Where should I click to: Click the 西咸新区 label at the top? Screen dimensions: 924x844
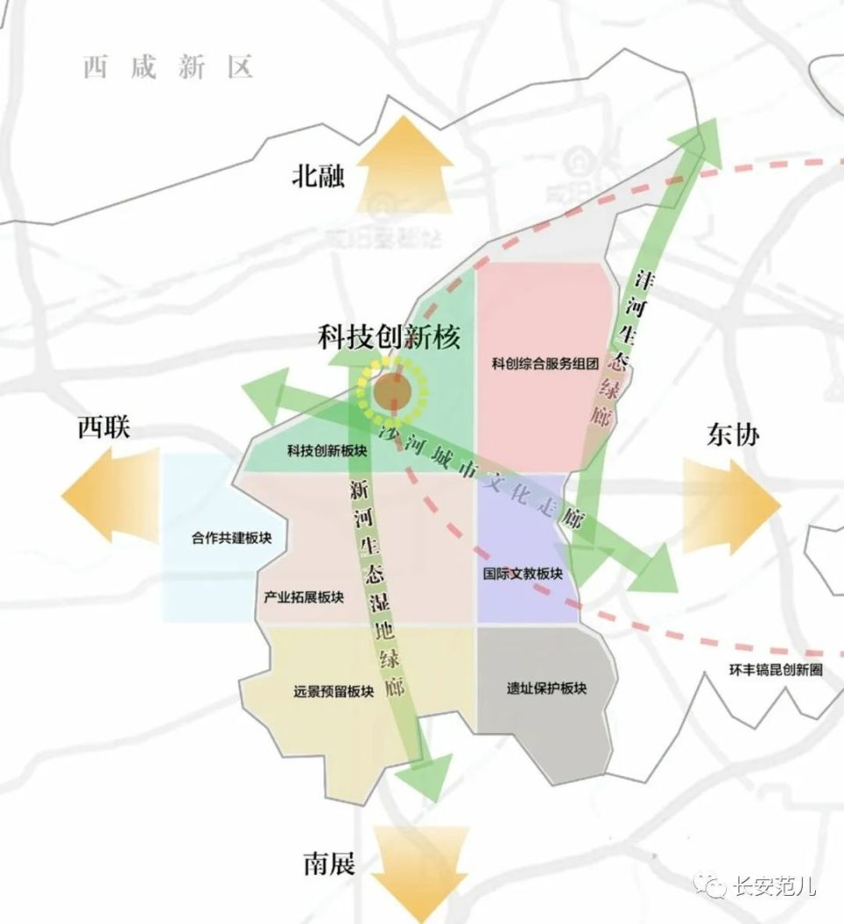click(168, 68)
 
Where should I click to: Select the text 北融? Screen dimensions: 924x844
click(318, 177)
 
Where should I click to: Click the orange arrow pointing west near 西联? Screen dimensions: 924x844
click(109, 494)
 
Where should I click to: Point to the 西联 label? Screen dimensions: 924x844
click(104, 428)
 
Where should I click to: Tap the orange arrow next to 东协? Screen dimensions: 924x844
click(731, 503)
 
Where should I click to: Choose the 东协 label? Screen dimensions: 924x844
click(731, 435)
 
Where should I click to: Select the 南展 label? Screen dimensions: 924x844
click(330, 864)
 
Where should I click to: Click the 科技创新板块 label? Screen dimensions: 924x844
click(327, 451)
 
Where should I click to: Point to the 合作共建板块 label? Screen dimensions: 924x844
click(232, 537)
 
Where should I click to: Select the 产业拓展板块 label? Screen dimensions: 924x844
click(303, 598)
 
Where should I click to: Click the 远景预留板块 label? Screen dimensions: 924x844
click(334, 691)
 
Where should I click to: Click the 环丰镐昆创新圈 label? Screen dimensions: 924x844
click(776, 670)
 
